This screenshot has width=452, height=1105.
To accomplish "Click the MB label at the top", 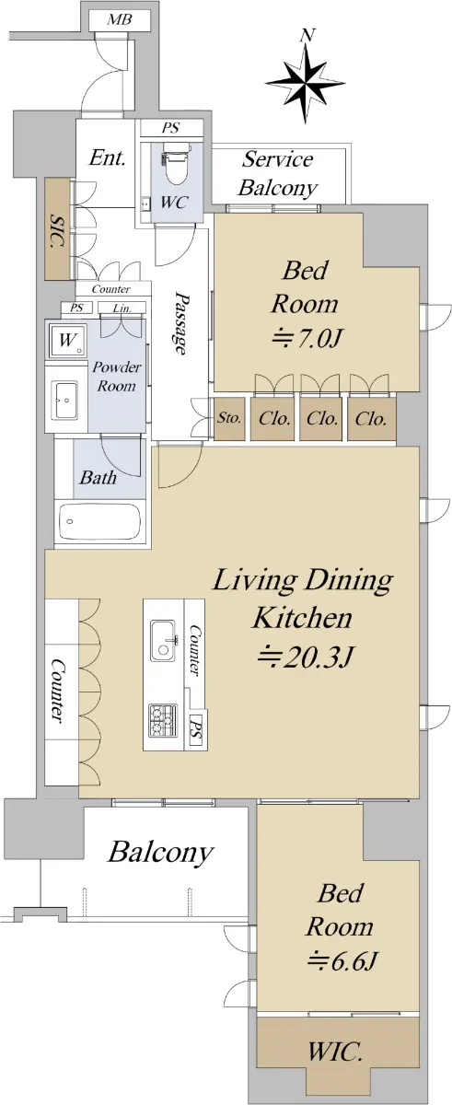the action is tap(120, 20).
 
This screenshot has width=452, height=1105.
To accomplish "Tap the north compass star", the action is tap(305, 84).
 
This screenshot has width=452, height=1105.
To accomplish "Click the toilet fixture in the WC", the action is tap(176, 164).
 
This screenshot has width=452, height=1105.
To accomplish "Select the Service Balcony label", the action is tap(277, 174).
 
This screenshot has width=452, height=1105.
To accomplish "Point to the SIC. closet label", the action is tap(58, 231).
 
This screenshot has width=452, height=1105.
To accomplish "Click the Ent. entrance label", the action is tap(107, 157).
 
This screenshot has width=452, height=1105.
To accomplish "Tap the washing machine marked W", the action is tap(67, 340).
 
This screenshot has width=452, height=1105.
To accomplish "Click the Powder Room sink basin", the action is tap(65, 400).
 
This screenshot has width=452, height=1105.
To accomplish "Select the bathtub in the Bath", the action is tap(99, 523).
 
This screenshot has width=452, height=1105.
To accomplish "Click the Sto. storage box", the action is tap(230, 418).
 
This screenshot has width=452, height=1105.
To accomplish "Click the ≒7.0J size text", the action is tap(307, 339).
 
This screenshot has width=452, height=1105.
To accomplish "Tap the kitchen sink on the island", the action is tap(164, 640).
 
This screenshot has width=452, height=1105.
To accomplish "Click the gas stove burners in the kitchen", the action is tap(163, 721).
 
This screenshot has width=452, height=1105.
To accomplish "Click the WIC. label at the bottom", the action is tap(335, 1053).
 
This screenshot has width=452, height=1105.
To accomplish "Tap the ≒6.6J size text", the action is tap(342, 961).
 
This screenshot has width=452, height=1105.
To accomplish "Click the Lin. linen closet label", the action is tap(122, 308).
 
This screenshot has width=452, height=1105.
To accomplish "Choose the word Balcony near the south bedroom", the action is tap(160, 852).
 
